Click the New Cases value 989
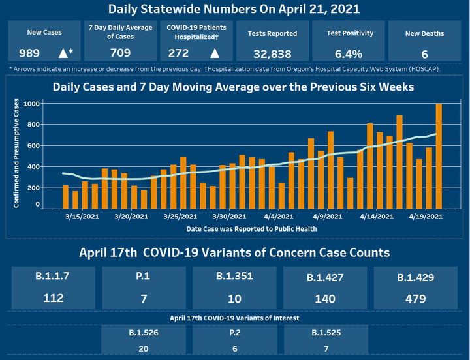pyautogui.click(x=29, y=53)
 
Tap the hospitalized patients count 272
pyautogui.click(x=178, y=53)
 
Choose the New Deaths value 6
pyautogui.click(x=424, y=53)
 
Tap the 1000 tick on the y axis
pyautogui.click(x=31, y=104)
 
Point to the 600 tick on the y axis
pyautogui.click(x=32, y=145)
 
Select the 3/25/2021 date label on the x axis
pyautogui.click(x=180, y=216)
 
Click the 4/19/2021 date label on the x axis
pyautogui.click(x=426, y=216)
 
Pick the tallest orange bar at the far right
pyautogui.click(x=439, y=155)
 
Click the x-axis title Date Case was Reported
pyautogui.click(x=251, y=228)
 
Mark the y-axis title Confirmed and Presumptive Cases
pyautogui.click(x=16, y=155)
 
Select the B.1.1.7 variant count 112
pyautogui.click(x=54, y=298)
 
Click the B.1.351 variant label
pyautogui.click(x=234, y=277)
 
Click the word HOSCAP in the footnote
pyautogui.click(x=425, y=68)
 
